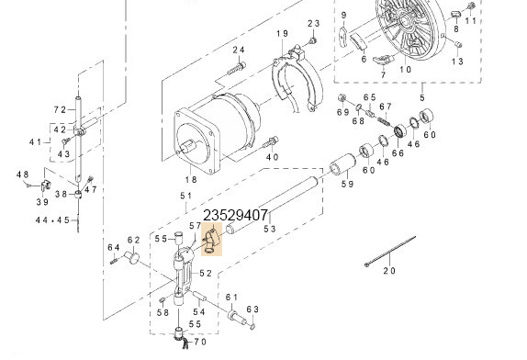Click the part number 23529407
235,215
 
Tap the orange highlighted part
212,239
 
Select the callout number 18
191,180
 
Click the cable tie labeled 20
390,251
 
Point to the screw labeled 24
237,68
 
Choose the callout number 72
61,109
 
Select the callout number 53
270,229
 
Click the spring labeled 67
385,120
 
